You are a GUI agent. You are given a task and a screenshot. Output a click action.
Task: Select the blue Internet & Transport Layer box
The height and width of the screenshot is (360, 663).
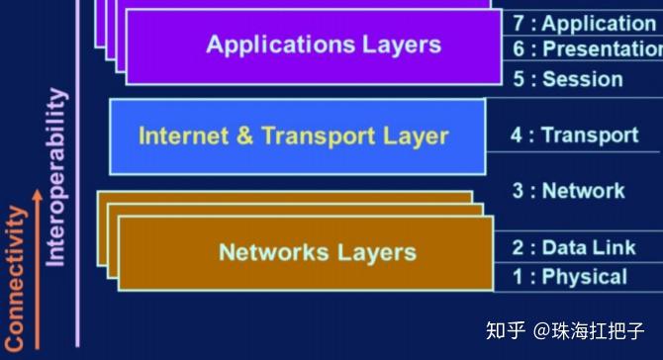[297, 136]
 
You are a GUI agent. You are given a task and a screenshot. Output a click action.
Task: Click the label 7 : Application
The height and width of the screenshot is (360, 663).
[584, 23]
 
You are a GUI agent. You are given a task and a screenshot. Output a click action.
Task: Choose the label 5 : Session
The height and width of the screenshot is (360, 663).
[568, 79]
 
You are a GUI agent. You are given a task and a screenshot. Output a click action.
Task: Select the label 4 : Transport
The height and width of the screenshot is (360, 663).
[574, 135]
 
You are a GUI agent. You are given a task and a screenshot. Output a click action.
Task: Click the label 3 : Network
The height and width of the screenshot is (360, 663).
[568, 191]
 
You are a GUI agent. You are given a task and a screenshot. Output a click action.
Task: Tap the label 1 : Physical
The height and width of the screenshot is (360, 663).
[569, 277]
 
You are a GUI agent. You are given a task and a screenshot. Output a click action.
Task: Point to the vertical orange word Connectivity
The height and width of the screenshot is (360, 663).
[15, 277]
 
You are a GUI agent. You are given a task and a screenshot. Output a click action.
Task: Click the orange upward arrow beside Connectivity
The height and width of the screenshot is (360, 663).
[37, 267]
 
